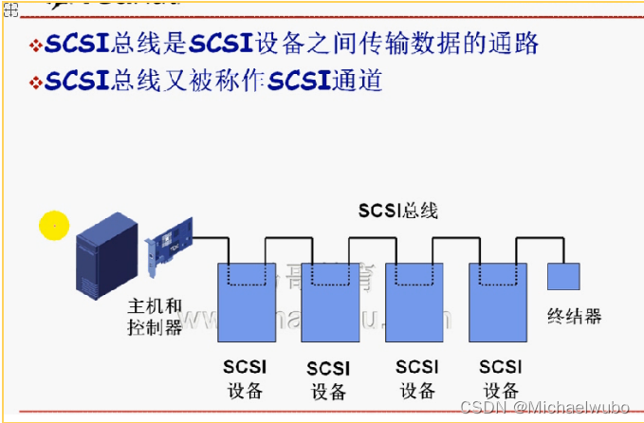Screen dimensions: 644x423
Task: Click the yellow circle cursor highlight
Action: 55,225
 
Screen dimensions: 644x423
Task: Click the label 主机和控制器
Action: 155,318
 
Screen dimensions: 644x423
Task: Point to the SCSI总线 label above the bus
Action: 397,210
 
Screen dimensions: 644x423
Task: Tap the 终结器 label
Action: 575,316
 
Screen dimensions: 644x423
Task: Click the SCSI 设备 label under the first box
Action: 245,378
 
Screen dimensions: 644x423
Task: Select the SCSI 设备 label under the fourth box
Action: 500,378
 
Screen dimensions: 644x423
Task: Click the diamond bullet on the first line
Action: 36,45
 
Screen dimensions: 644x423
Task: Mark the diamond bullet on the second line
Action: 36,83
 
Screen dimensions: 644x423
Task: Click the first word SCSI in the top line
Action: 78,44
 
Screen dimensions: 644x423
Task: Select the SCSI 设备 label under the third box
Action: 417,378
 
